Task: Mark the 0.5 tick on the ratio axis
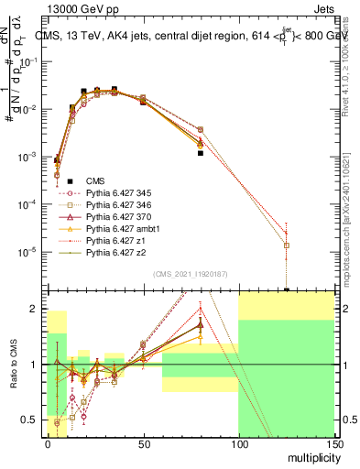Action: click(x=33, y=420)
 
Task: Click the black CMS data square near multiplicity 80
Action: click(x=200, y=153)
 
